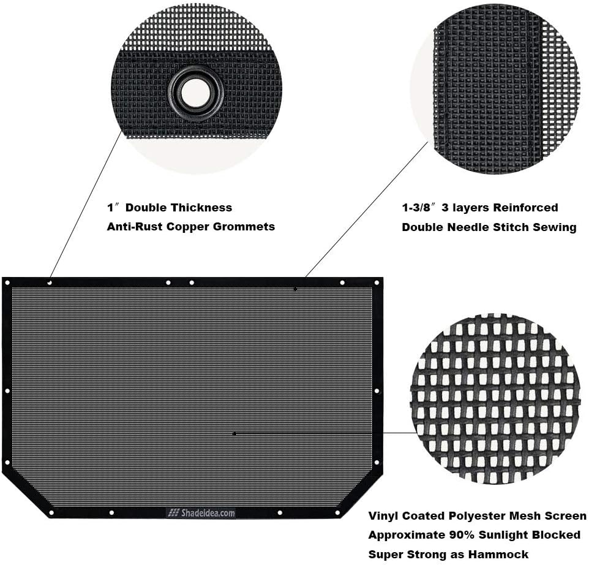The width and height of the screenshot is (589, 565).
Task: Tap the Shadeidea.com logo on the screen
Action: click(x=201, y=514)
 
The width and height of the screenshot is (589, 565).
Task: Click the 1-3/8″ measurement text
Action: click(x=420, y=208)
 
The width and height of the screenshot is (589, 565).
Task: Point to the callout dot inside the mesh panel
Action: click(x=235, y=433)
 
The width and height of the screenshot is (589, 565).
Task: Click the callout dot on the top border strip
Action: click(x=294, y=288)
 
